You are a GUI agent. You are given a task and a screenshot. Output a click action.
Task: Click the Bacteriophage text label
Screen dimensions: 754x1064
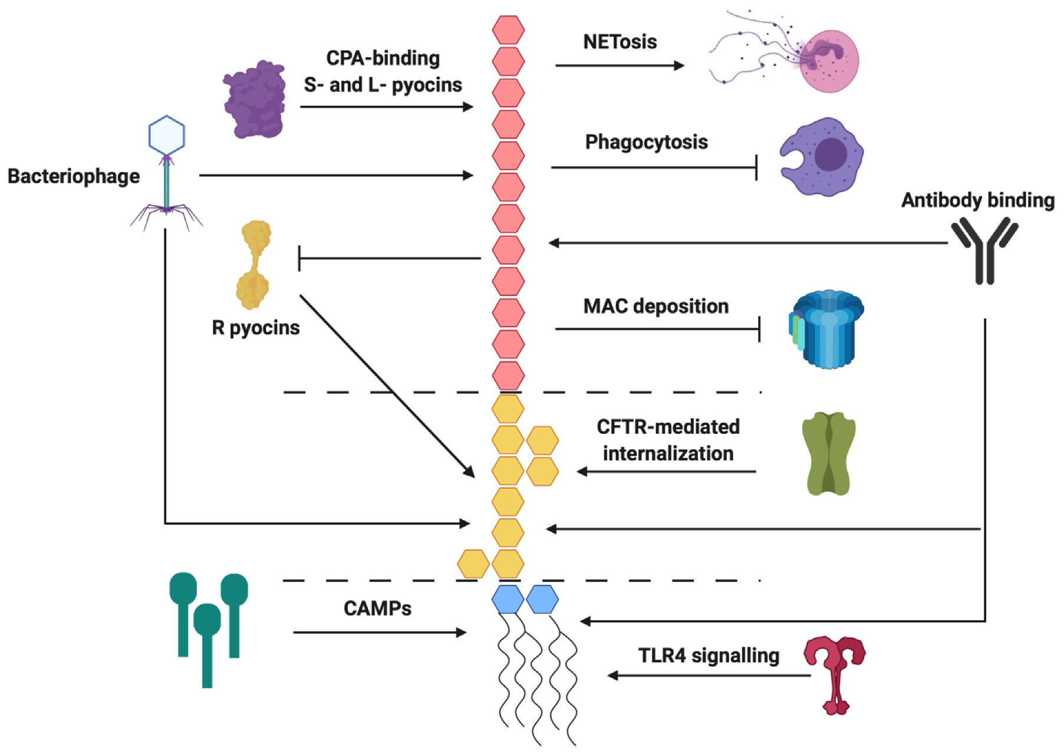(x=74, y=176)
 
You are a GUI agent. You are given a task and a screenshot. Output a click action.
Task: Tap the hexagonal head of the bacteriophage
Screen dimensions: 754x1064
(x=167, y=135)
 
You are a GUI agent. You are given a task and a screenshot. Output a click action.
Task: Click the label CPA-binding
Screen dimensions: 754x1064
(x=383, y=58)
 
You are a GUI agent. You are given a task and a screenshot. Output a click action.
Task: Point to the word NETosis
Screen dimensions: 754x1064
(x=620, y=42)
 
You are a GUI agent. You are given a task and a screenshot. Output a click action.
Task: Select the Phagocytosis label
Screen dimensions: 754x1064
(x=646, y=142)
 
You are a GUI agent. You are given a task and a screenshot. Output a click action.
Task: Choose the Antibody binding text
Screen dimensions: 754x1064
(x=977, y=200)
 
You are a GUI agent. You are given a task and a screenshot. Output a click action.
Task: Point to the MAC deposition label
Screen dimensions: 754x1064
(x=655, y=307)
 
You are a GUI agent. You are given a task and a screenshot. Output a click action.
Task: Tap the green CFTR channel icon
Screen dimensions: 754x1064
(x=828, y=453)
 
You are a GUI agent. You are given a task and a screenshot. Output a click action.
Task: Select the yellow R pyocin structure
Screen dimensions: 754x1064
(x=254, y=265)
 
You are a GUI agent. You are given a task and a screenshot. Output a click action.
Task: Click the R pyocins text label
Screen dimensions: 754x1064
(x=255, y=328)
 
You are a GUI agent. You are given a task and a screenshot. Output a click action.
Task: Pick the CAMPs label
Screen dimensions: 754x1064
(x=377, y=608)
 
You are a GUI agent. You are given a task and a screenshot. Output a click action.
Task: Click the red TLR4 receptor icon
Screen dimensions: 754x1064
(x=835, y=672)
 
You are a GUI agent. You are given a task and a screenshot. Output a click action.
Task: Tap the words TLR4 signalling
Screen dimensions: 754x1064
(x=709, y=656)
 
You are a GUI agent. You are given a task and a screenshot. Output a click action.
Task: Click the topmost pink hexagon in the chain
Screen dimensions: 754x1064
(x=508, y=30)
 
